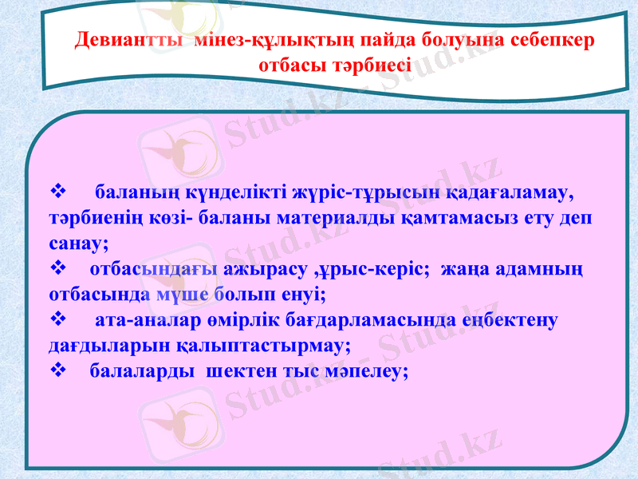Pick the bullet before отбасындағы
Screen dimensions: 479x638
tap(57, 270)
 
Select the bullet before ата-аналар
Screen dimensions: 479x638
tap(57, 321)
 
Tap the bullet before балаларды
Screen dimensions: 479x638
tap(57, 371)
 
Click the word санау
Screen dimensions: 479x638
tap(78, 244)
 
